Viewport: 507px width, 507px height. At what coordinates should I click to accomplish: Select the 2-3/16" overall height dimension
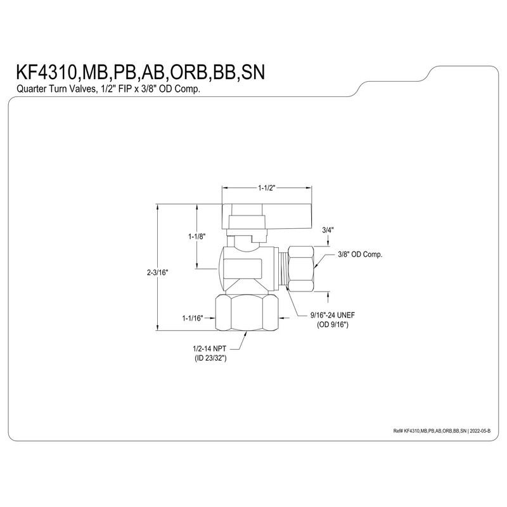(x=157, y=272)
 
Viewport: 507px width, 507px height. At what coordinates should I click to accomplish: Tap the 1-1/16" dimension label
(x=191, y=318)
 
